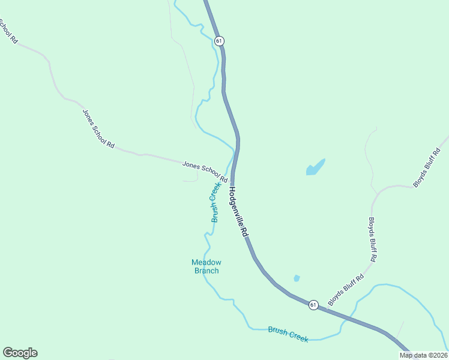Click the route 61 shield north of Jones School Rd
pos(219,41)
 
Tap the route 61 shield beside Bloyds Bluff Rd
pos(313,305)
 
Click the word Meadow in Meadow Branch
pos(206,262)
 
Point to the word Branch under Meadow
pos(206,271)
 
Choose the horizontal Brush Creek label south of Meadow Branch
pos(288,334)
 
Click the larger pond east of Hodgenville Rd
pos(315,167)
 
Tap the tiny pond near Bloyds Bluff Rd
pos(296,278)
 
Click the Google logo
pos(20,353)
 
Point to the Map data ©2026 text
pos(423,355)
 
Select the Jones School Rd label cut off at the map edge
pos(7,31)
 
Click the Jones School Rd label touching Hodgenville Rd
pos(205,171)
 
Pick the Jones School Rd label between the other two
pos(98,128)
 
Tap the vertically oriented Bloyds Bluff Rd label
pos(373,239)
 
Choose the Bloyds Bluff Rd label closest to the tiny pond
pos(346,289)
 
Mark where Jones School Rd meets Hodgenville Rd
pos(232,180)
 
